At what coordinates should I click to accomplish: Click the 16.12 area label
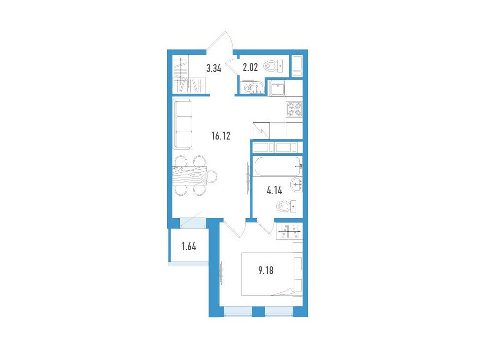pos(221,136)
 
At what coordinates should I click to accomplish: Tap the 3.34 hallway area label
pos(214,68)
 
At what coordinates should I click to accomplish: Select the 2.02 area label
pos(250,67)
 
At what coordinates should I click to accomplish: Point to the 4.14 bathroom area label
pos(274,191)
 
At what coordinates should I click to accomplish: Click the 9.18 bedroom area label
pos(266,270)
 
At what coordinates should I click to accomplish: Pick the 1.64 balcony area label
pos(189,246)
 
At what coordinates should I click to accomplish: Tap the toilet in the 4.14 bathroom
pos(287,207)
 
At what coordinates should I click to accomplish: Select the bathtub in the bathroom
pos(278,166)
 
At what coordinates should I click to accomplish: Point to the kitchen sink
pos(277,88)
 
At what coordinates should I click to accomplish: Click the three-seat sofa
pos(182,124)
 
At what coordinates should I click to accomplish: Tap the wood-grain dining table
pos(190,176)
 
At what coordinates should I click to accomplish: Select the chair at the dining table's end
pos(212,176)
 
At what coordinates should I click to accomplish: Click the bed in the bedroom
pos(268,274)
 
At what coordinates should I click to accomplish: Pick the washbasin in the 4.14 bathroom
pos(296,184)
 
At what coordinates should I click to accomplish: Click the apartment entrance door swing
pos(220,40)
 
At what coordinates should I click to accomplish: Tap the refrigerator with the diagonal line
pos(261,131)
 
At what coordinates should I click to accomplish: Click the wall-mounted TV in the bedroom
pos(221,272)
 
